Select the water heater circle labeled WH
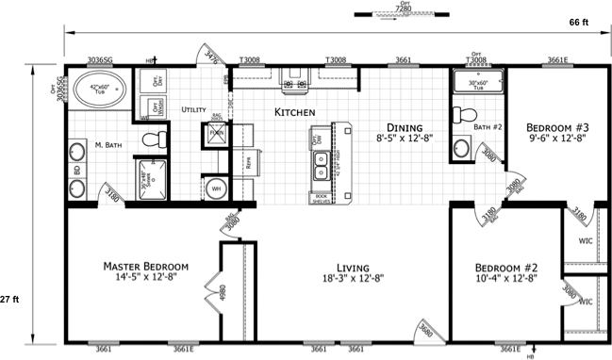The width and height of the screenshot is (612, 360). coord(216,188)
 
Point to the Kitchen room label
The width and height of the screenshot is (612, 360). coord(294,112)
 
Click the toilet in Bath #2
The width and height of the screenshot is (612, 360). coord(461,117)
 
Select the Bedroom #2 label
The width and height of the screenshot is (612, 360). coord(504,267)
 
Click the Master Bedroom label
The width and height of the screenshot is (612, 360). coord(146,267)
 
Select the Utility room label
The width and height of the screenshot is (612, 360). coord(193,110)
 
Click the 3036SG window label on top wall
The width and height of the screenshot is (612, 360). coord(101,59)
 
